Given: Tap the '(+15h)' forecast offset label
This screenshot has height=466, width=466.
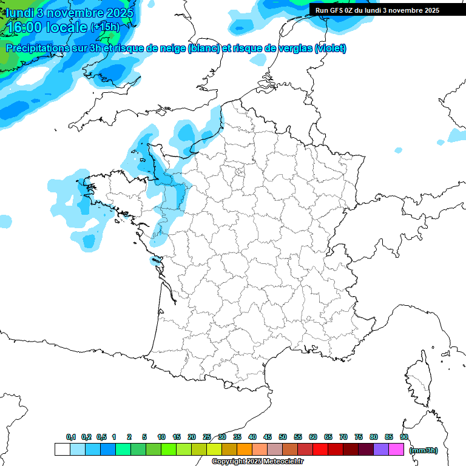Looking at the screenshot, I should (x=104, y=27).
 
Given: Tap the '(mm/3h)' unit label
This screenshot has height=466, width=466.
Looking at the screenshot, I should (x=424, y=450).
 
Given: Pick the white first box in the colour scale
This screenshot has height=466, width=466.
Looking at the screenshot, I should (x=62, y=450).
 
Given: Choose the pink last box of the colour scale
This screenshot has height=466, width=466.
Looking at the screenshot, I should (x=396, y=450).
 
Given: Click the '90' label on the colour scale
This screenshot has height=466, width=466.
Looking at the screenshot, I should (x=404, y=437).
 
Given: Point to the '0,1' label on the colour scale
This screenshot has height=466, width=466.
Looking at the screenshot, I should (x=71, y=437).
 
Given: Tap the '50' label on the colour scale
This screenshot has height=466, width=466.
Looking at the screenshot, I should (x=283, y=437).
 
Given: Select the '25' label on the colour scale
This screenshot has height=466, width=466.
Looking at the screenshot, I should (x=207, y=437).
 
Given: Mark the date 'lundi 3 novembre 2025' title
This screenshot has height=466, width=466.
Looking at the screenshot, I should (x=70, y=12).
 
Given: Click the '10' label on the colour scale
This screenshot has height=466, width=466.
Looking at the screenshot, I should (x=161, y=437).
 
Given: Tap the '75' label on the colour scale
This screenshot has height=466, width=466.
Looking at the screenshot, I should (x=359, y=437).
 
